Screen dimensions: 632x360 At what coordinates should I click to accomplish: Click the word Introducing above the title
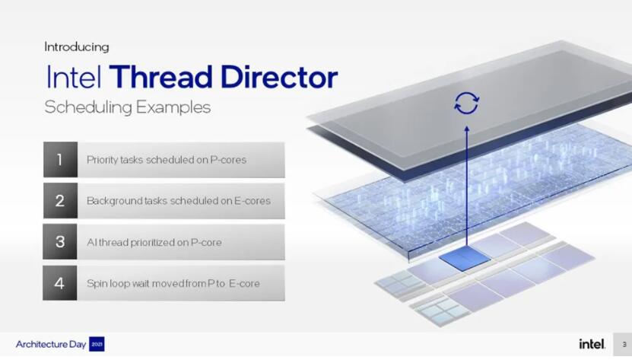click(77, 47)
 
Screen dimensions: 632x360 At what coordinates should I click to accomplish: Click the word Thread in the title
click(160, 77)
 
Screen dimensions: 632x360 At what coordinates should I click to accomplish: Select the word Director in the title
click(279, 77)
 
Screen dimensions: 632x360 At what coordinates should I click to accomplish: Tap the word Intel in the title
click(74, 77)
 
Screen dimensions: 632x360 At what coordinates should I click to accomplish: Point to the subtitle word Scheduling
click(88, 108)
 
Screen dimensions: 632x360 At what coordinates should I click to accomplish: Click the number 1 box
click(60, 159)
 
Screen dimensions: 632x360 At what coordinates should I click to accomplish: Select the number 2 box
click(60, 201)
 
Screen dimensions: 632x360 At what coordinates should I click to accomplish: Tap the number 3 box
click(59, 242)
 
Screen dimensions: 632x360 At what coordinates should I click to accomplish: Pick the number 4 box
click(59, 282)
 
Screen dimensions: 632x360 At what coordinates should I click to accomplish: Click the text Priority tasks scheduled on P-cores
click(167, 160)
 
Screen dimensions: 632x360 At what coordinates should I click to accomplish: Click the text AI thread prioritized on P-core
click(154, 242)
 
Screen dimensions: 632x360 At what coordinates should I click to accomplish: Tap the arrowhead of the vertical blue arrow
click(467, 129)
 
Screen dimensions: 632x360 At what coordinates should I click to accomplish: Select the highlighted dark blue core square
click(465, 257)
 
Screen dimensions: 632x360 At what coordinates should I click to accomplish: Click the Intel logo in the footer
click(592, 344)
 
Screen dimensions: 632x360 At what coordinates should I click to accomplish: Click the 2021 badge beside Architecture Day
click(97, 344)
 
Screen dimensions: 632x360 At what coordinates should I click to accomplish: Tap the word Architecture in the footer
click(42, 344)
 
